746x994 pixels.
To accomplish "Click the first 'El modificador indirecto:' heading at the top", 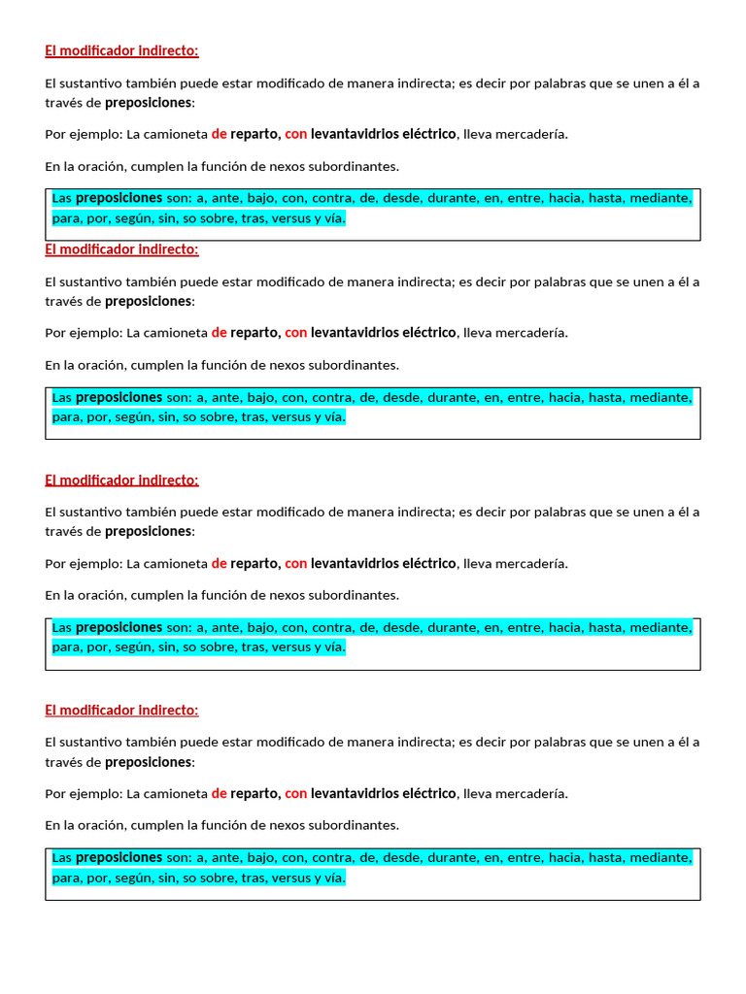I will point(121,50).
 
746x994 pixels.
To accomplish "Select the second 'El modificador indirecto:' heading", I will point(121,249).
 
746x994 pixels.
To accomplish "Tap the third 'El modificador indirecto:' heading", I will point(121,480).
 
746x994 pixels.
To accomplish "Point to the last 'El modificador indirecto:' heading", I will point(121,710).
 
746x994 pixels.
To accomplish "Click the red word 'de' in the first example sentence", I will point(220,134).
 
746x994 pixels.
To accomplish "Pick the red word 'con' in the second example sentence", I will point(295,332).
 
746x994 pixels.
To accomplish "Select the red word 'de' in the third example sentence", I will point(220,563).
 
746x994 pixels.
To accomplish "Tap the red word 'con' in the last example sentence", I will point(295,793).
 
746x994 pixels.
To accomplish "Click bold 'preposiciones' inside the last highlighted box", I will point(119,857).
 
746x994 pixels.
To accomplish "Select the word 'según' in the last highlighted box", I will point(131,878).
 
